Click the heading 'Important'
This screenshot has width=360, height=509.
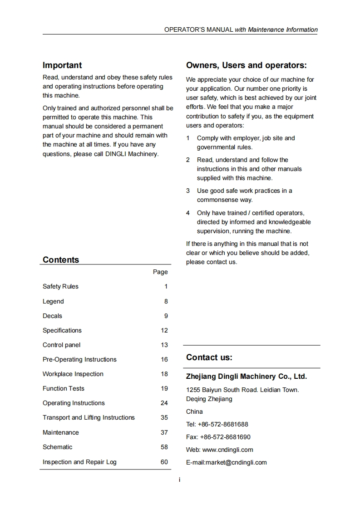click(x=62, y=65)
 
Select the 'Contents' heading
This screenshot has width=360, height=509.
click(x=61, y=260)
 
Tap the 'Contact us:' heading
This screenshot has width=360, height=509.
click(x=209, y=357)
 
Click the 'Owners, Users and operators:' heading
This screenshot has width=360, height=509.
click(x=247, y=65)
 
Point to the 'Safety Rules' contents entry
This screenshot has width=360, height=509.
click(x=60, y=287)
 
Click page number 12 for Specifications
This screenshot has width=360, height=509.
click(x=164, y=331)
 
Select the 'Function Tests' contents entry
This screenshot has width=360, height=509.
click(x=64, y=389)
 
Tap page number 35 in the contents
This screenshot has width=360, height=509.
click(x=164, y=418)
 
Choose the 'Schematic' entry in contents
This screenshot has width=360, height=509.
click(x=58, y=447)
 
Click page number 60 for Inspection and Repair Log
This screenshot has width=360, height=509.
click(x=164, y=462)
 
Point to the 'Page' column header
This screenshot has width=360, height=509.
click(x=160, y=272)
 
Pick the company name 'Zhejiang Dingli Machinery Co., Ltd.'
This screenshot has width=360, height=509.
click(x=247, y=377)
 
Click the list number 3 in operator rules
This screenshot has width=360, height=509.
click(x=188, y=191)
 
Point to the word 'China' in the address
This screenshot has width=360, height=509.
click(x=194, y=412)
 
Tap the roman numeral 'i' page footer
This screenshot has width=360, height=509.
click(x=180, y=480)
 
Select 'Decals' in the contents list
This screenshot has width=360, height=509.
click(x=53, y=316)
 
